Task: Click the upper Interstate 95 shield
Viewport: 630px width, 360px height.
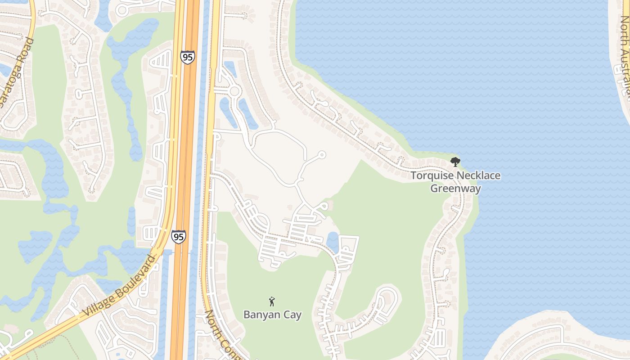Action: pyautogui.click(x=187, y=57)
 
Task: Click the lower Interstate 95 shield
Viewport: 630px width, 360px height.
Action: pyautogui.click(x=178, y=236)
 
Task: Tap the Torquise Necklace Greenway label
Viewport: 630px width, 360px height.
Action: pyautogui.click(x=455, y=182)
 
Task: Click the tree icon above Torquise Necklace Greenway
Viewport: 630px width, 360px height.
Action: pyautogui.click(x=455, y=162)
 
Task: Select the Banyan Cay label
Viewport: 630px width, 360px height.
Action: pyautogui.click(x=272, y=314)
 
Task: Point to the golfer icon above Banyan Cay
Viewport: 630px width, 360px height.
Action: pyautogui.click(x=272, y=301)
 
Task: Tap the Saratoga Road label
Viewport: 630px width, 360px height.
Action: pyautogui.click(x=17, y=72)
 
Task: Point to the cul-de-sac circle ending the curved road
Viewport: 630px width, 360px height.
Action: pyautogui.click(x=321, y=155)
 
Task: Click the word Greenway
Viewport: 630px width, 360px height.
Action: pyautogui.click(x=455, y=188)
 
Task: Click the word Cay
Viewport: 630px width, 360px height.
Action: pyautogui.click(x=292, y=314)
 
